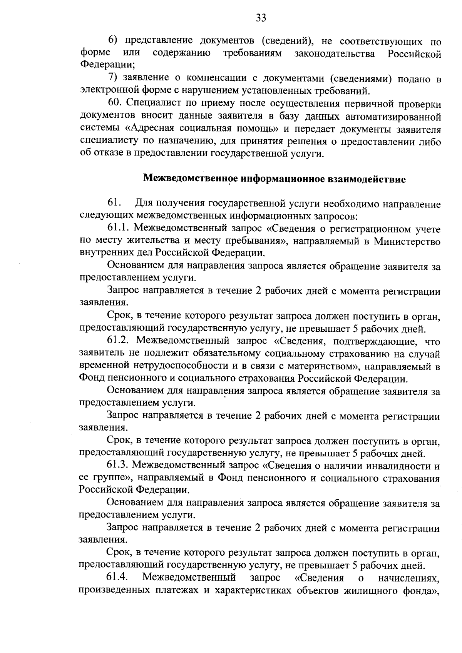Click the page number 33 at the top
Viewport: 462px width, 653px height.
pos(261,18)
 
